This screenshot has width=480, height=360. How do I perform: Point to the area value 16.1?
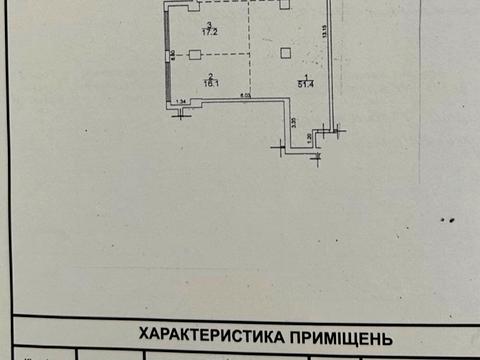[211, 84]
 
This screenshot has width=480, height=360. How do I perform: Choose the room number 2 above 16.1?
[211, 76]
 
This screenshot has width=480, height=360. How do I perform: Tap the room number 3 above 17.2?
[209, 24]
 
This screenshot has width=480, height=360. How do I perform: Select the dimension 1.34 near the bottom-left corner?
[181, 100]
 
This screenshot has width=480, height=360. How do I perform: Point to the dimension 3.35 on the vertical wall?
[292, 122]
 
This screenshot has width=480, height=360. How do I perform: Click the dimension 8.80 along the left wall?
[173, 54]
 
